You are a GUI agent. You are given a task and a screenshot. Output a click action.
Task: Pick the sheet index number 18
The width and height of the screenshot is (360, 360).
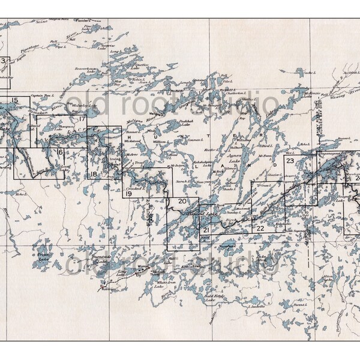(x=93, y=175)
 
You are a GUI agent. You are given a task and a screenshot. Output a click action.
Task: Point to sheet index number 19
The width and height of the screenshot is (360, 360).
(x=128, y=193)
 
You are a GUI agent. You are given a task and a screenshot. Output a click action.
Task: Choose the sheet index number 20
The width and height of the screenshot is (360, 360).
(x=182, y=201)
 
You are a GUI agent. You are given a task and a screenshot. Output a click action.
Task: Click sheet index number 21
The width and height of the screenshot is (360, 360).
(x=206, y=230)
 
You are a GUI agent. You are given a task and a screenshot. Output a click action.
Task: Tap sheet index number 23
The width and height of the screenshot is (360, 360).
(x=290, y=161)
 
